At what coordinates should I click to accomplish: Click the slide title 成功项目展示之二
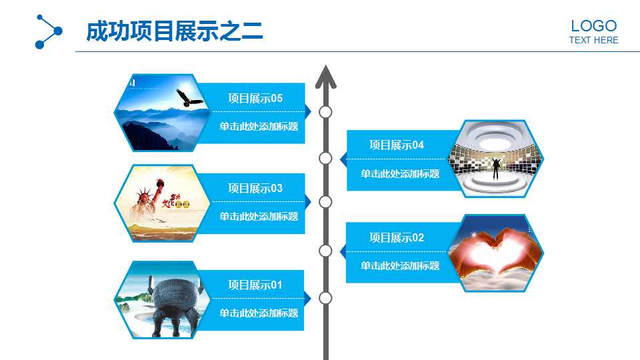[175, 31]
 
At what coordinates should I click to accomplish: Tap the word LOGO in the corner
[593, 26]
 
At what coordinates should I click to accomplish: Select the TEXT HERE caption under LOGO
[593, 40]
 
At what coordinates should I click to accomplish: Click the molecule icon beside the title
[48, 31]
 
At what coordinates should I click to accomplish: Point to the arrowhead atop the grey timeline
[325, 75]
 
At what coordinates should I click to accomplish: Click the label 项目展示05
[255, 99]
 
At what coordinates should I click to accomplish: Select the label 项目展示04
[397, 145]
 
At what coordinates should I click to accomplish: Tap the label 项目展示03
[255, 189]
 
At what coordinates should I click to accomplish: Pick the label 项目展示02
[397, 238]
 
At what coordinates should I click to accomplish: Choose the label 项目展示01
[255, 285]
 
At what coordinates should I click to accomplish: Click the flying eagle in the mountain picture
[189, 99]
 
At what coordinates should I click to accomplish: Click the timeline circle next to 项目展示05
[325, 112]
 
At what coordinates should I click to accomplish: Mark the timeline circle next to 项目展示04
[325, 158]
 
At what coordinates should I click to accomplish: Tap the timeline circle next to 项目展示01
[325, 298]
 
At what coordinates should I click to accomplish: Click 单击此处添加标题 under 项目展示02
[400, 266]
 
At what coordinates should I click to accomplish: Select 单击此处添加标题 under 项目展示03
[259, 217]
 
